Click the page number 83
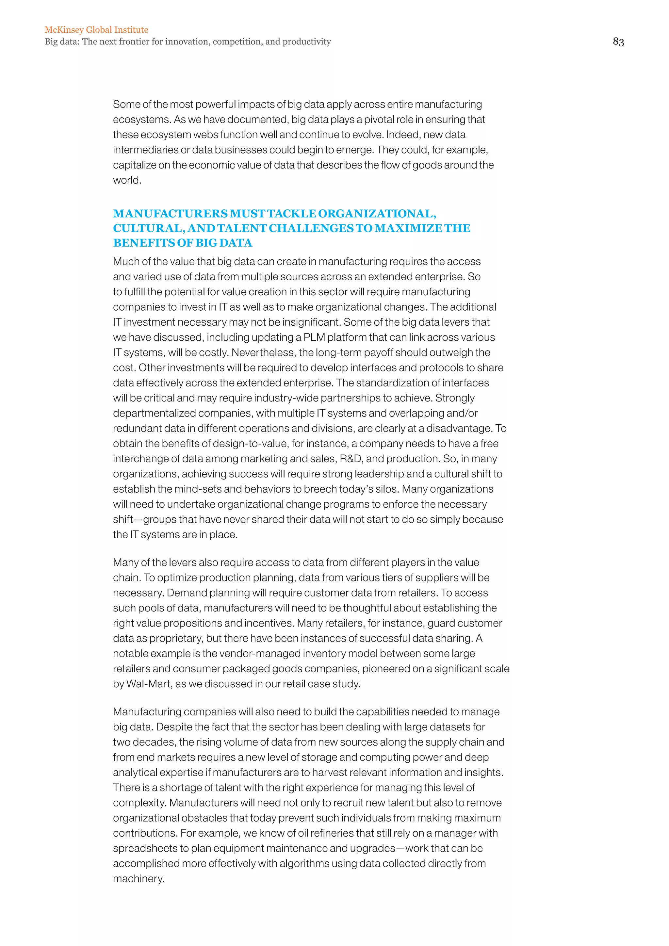[618, 41]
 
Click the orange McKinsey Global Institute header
[96, 30]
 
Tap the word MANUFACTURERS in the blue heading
[170, 214]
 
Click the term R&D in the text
[350, 459]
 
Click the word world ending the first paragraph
[126, 180]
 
